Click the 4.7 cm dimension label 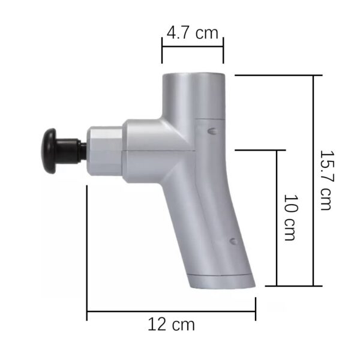click(192, 32)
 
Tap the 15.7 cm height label click(325, 181)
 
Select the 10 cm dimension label click(289, 217)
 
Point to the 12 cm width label click(171, 325)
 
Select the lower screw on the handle click(233, 241)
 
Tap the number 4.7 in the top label click(179, 32)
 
